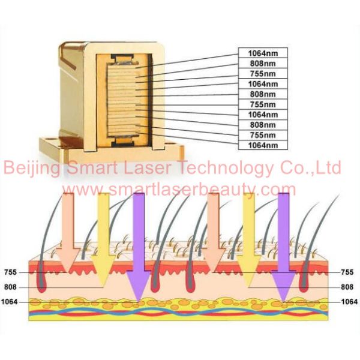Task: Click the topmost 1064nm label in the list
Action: coord(263,52)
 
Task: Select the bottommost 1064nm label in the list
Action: coord(263,145)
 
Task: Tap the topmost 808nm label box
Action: coord(263,62)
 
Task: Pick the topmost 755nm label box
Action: coord(263,73)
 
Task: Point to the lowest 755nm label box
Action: coord(263,135)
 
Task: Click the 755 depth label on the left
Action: coord(11,272)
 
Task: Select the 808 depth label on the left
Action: coord(11,287)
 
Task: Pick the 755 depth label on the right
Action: coord(349,272)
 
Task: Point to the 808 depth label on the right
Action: coord(349,287)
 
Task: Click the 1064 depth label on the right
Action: coord(347,302)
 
